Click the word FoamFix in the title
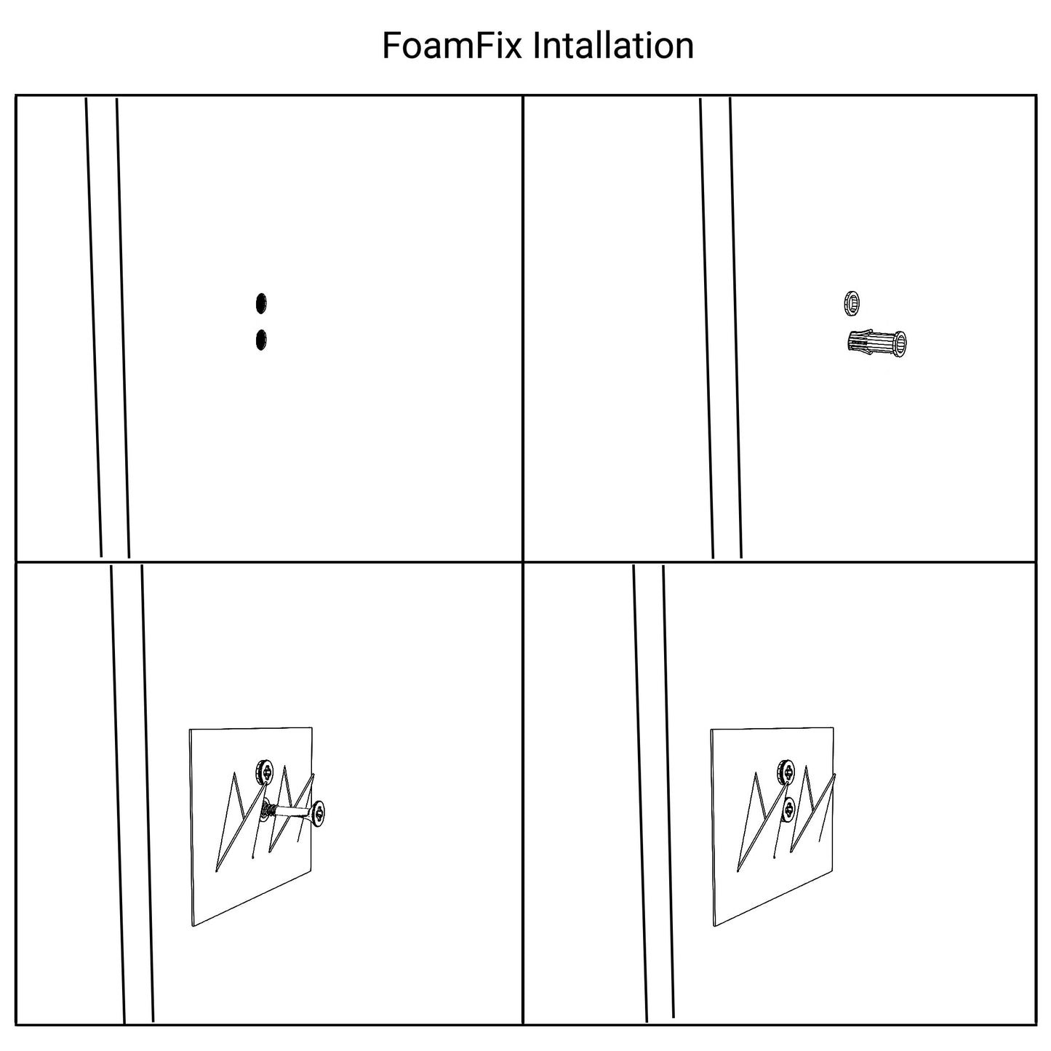[452, 46]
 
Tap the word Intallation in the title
[613, 46]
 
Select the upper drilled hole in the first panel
[261, 304]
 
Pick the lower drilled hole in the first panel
[261, 340]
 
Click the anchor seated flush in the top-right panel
[852, 303]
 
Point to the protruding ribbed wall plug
[876, 343]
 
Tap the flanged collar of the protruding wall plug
[899, 343]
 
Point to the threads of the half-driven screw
[268, 810]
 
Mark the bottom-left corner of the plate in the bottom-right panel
[714, 926]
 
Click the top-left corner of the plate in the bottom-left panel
[190, 730]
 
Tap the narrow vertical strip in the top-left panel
[108, 327]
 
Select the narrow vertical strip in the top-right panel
[721, 327]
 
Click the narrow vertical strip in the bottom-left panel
[132, 794]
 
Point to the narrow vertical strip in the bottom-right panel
[654, 794]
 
